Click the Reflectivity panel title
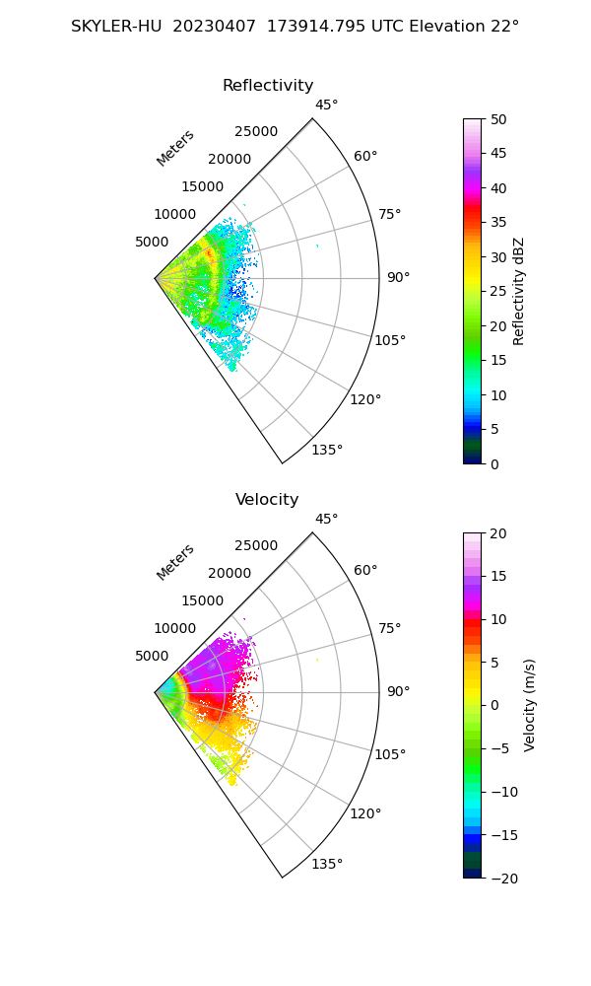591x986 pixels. (268, 86)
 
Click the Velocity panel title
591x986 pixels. (267, 500)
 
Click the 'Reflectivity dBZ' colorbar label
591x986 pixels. (519, 291)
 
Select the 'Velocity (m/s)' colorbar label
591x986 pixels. (530, 705)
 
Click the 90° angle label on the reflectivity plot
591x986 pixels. (397, 278)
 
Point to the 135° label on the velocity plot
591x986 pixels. (327, 865)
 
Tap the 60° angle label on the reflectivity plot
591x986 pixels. (365, 156)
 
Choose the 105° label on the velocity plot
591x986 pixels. (391, 754)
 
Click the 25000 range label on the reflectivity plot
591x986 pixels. (256, 132)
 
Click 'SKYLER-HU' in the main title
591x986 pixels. (117, 27)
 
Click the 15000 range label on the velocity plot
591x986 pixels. (202, 600)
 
